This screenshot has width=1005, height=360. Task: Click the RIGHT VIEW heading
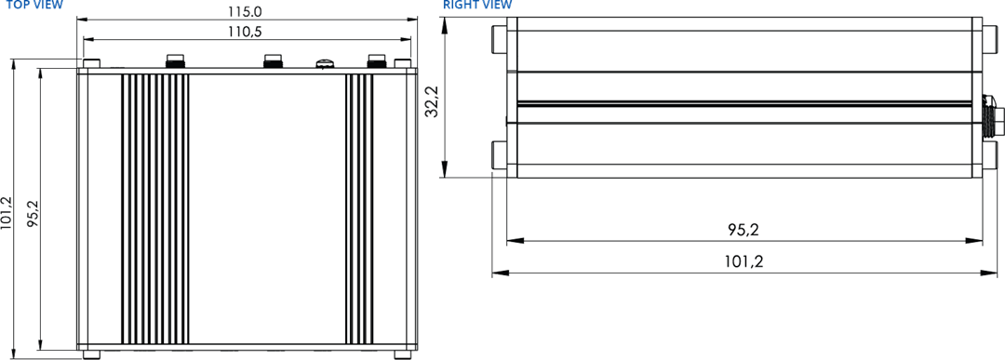477,5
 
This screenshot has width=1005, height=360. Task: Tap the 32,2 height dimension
431,101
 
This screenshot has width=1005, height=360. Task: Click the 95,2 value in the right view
744,230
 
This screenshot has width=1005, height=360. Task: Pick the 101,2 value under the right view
744,261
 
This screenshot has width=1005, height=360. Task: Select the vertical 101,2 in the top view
7,212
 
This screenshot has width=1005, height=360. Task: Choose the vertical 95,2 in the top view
33,212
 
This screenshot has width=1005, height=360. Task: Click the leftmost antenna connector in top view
173,62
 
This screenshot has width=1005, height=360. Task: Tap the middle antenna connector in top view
274,62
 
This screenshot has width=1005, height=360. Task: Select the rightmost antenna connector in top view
376,62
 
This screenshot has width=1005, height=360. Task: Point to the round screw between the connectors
324,64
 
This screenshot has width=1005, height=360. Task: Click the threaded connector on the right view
991,117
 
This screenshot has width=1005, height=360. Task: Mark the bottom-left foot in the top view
91,353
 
